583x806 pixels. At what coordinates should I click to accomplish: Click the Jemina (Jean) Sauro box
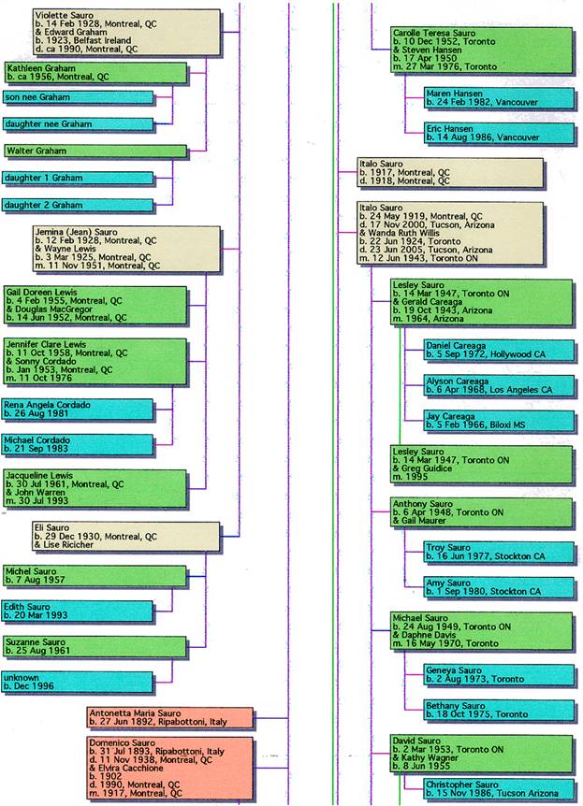(125, 249)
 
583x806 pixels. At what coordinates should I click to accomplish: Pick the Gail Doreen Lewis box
(95, 305)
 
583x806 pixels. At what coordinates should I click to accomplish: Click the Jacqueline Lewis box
(95, 489)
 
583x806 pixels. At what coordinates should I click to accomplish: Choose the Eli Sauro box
(125, 537)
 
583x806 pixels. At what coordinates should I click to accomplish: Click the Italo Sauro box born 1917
(450, 173)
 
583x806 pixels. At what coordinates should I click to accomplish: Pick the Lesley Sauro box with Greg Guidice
(481, 465)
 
